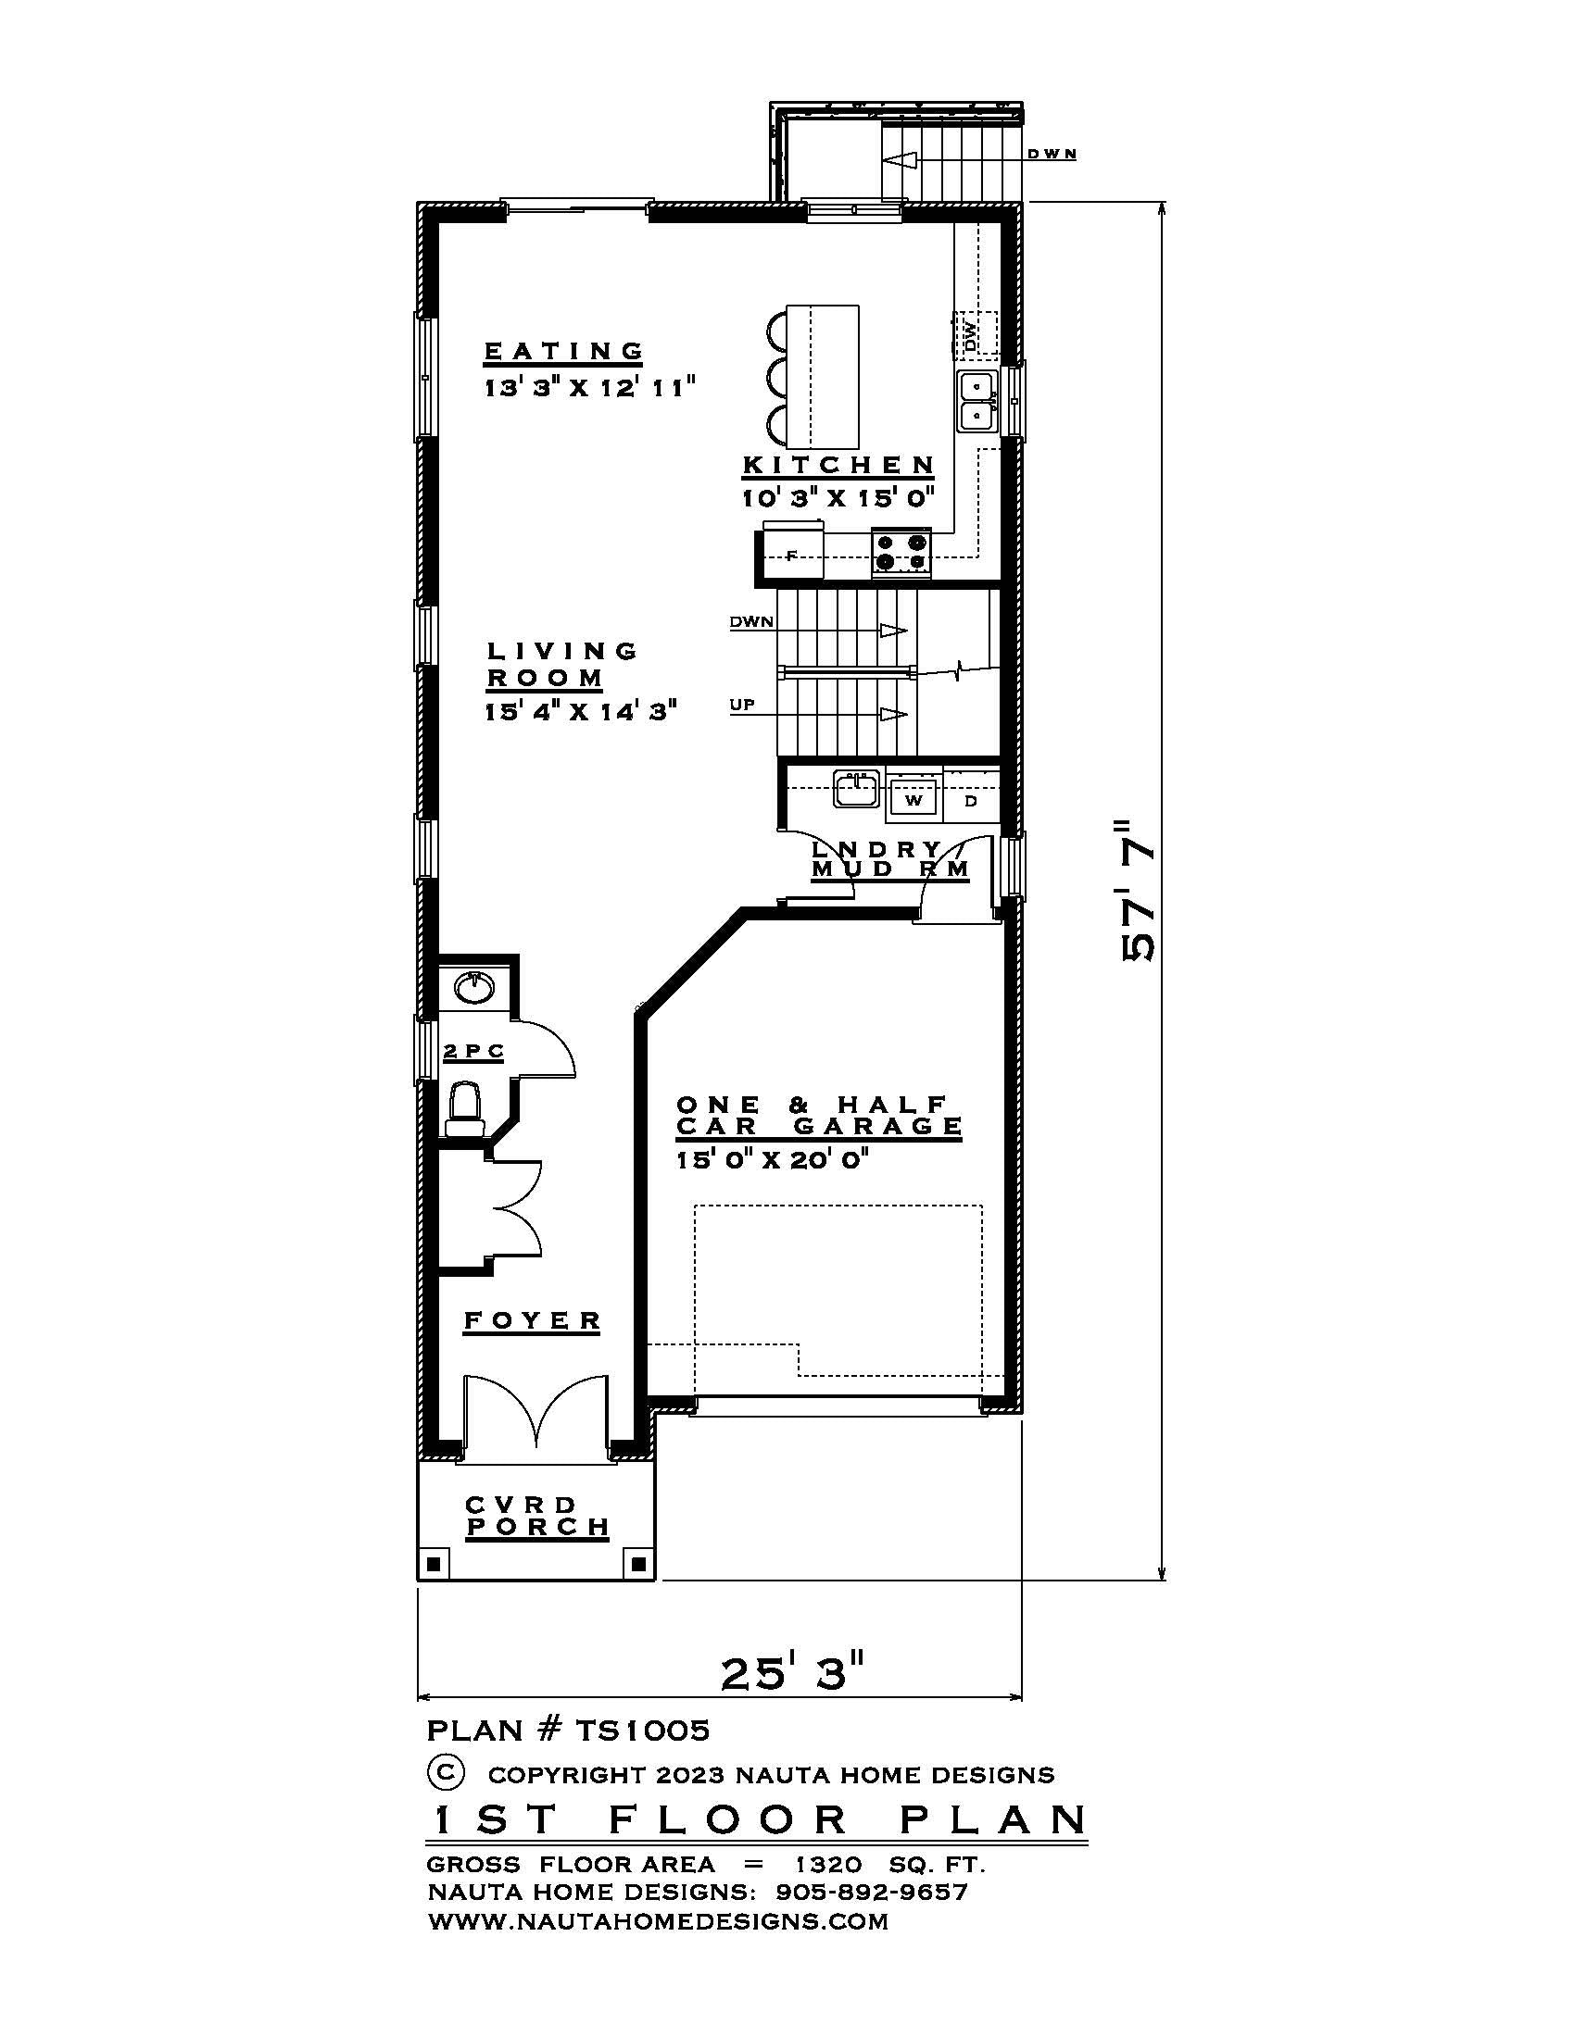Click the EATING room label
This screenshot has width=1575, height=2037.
tap(563, 351)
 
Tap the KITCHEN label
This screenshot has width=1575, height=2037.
tap(838, 465)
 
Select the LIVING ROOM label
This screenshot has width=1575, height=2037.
tap(560, 664)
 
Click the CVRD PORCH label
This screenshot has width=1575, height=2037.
tap(536, 1516)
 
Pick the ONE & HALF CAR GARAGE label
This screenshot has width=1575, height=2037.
tap(818, 1116)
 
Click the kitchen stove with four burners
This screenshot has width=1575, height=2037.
tap(901, 550)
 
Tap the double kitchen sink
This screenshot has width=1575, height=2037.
tap(976, 400)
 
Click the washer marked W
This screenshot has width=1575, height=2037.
tap(913, 799)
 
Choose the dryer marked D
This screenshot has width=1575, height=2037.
tap(970, 799)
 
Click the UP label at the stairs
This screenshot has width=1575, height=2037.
tap(742, 705)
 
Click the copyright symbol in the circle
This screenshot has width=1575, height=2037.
tap(445, 1789)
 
